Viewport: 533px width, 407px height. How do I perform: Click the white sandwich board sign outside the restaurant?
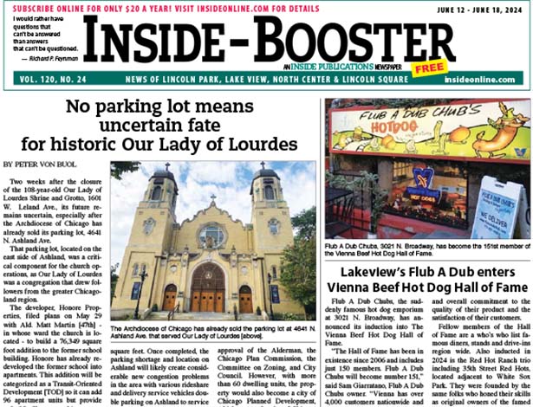(500, 210)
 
